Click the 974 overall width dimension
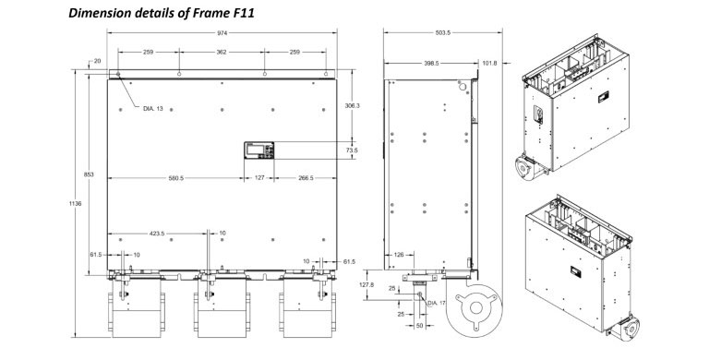222,33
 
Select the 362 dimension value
222,52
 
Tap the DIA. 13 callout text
153,109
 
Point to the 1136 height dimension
76,204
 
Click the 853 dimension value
89,174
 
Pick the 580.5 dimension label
176,178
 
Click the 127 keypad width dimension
259,178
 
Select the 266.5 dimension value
306,178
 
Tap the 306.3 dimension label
353,105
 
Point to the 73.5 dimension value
353,150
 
